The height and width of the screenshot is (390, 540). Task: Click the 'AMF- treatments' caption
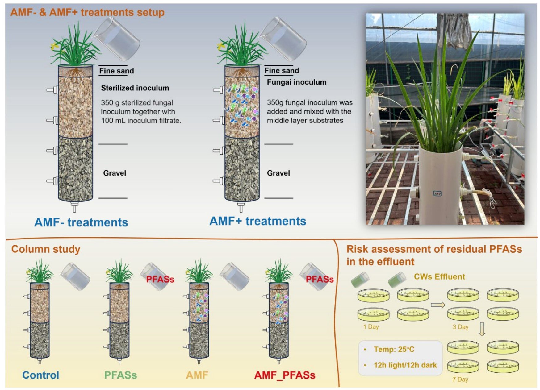(x=81, y=222)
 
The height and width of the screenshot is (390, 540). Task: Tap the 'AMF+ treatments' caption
(x=258, y=221)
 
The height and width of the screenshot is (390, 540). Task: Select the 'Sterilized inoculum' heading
(x=135, y=88)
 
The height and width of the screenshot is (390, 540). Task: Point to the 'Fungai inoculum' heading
(x=296, y=82)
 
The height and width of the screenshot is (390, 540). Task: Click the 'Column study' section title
(x=46, y=249)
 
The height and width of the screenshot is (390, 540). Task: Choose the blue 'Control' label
(x=40, y=375)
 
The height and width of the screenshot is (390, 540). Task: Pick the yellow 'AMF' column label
(x=197, y=375)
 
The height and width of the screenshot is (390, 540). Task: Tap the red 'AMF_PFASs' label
(x=285, y=375)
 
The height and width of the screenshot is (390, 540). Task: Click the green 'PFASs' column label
(x=120, y=375)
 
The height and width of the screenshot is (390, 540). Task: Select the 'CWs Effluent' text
(x=439, y=276)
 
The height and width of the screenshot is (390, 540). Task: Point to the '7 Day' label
(x=460, y=379)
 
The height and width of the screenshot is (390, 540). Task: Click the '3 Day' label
(x=460, y=327)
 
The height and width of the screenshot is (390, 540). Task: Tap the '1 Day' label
(x=371, y=327)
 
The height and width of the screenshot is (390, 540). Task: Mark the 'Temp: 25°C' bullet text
(x=394, y=349)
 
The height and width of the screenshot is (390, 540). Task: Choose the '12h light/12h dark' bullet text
(x=405, y=365)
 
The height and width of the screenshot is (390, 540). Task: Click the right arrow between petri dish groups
(x=438, y=305)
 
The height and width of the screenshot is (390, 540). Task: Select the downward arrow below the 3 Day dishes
(x=482, y=329)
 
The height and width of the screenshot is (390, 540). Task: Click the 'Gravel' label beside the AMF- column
(x=115, y=173)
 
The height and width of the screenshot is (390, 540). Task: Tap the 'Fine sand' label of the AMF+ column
(x=282, y=71)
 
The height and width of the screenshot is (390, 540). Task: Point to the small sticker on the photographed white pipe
(x=437, y=193)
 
